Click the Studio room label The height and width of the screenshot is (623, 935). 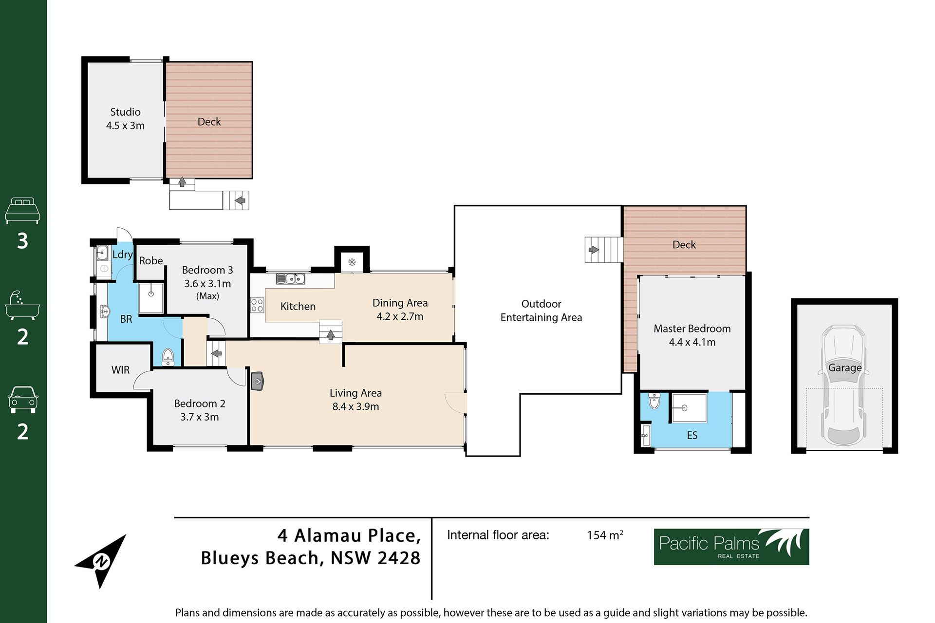(125, 112)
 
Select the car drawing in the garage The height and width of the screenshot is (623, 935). (844, 385)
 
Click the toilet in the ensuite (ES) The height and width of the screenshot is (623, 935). (654, 401)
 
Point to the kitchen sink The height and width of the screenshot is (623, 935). (290, 279)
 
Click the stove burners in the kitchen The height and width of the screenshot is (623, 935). (257, 305)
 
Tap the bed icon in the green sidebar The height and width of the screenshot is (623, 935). (22, 211)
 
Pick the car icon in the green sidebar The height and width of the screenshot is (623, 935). (22, 400)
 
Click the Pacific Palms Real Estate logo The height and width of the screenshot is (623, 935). (731, 547)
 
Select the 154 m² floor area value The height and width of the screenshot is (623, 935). (605, 535)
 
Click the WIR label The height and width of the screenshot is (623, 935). (120, 370)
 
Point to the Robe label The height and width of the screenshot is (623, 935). (151, 261)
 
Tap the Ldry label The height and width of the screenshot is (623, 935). (122, 255)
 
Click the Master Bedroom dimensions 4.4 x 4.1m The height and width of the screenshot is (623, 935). (692, 342)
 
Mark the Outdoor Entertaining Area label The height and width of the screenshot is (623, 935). (541, 311)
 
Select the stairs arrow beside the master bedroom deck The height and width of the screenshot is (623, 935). (594, 250)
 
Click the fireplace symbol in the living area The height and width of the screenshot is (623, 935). (258, 381)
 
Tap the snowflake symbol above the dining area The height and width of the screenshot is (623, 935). (352, 262)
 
